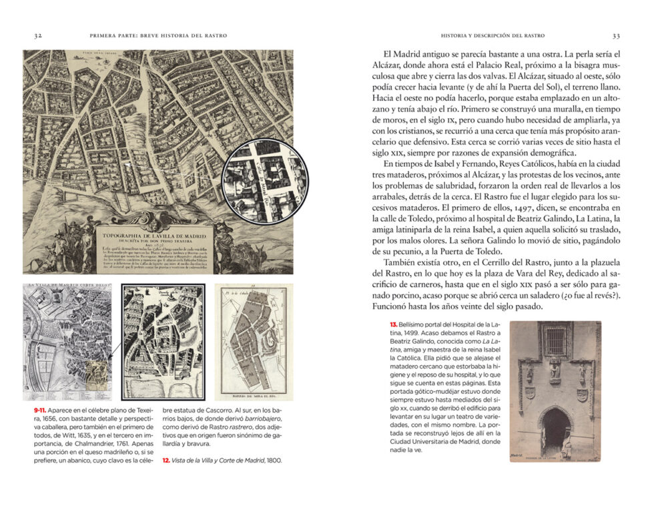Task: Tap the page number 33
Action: (x=615, y=35)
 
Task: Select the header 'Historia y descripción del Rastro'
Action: (x=493, y=35)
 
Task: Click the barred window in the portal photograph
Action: (x=555, y=341)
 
